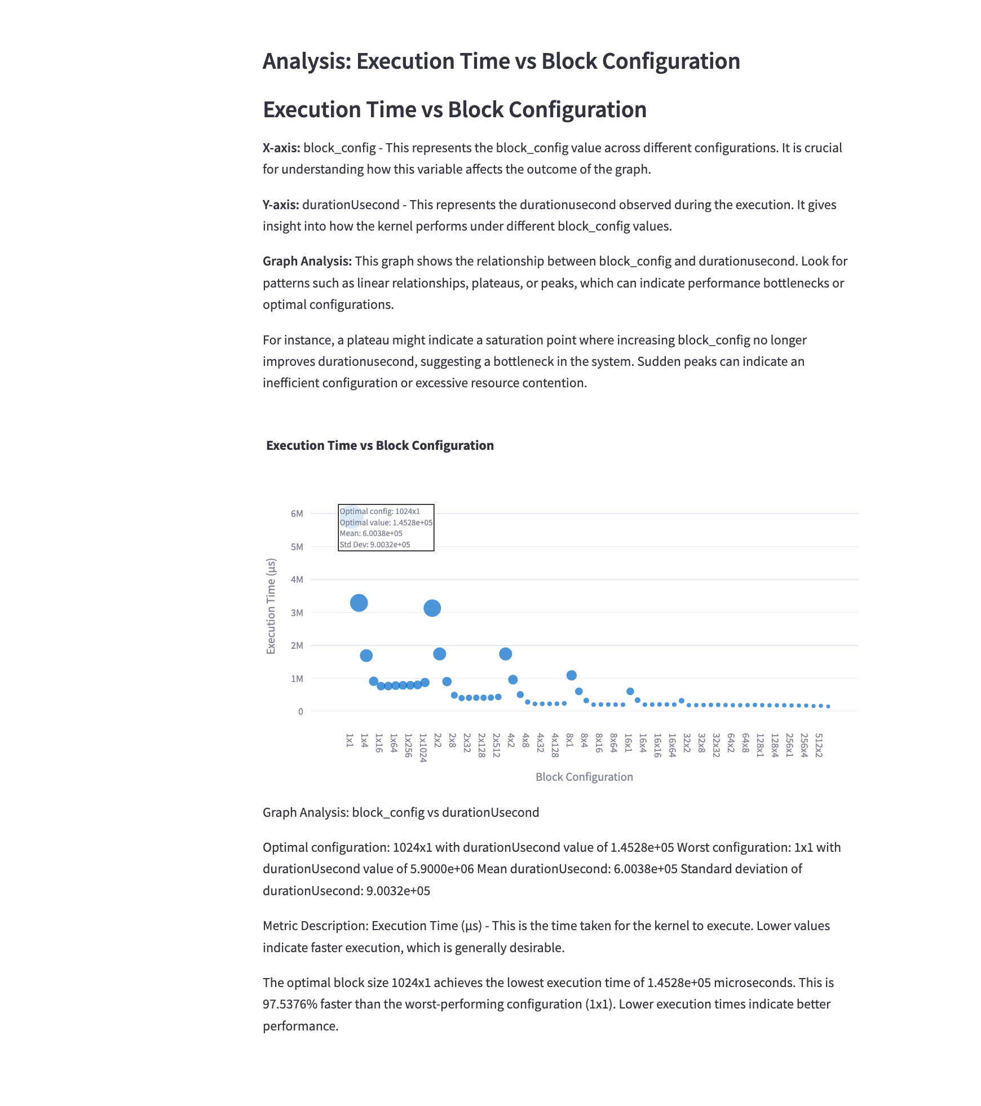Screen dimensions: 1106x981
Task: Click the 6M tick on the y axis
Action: [x=297, y=514]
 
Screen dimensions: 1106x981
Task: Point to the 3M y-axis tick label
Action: [x=297, y=613]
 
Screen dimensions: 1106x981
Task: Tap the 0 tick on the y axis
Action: [x=301, y=711]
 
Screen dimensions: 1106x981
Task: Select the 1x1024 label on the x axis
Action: [x=423, y=747]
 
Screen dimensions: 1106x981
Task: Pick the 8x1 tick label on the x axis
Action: [x=569, y=740]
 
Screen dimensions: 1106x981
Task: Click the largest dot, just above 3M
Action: [x=359, y=603]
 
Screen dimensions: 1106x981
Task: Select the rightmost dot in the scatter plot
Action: [x=828, y=706]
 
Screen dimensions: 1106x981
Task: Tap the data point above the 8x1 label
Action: [x=571, y=675]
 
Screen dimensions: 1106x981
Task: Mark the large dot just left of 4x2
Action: [x=505, y=654]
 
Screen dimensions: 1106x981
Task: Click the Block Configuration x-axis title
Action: [x=584, y=777]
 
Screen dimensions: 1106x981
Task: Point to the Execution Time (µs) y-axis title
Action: [x=271, y=606]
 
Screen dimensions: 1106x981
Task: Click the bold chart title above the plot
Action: [x=379, y=445]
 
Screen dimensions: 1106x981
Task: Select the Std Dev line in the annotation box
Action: [x=375, y=545]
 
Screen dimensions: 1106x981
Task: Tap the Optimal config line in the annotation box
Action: [x=379, y=511]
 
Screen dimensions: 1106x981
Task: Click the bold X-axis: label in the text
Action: [x=281, y=148]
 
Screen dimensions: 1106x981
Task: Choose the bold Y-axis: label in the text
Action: [x=281, y=205]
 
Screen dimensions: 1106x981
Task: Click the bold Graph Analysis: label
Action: [x=307, y=261]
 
